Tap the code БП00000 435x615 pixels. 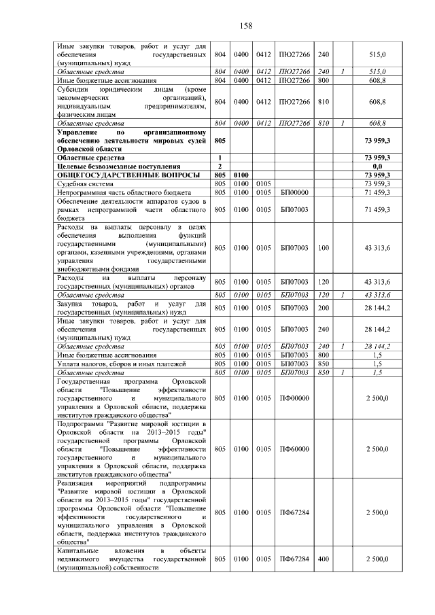294,192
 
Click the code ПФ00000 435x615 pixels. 294,398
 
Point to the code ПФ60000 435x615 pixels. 294,449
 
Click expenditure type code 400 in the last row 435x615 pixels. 324,559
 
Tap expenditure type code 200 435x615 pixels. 324,308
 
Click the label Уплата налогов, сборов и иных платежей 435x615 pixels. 112,364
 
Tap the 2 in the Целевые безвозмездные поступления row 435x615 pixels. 220,166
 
